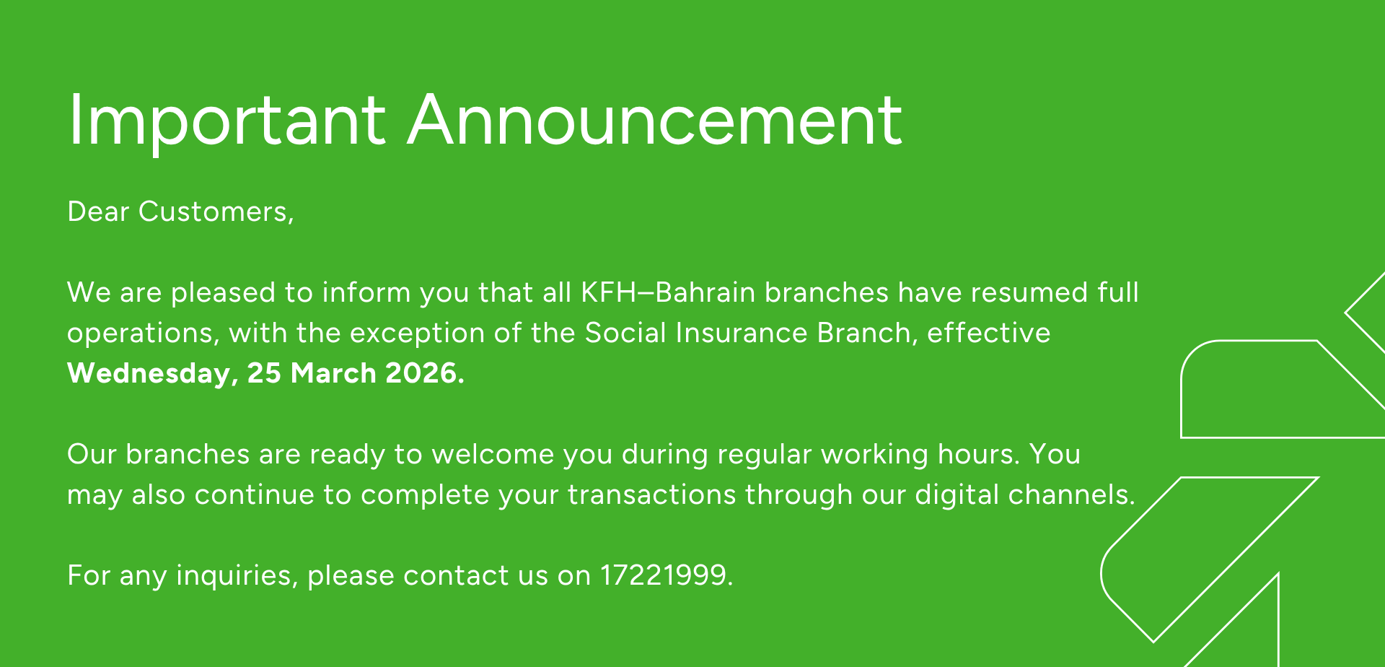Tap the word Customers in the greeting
(x=216, y=212)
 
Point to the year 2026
(x=425, y=373)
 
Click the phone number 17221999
(x=663, y=575)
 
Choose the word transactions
(x=651, y=494)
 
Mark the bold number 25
(x=264, y=373)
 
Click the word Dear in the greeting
(x=98, y=212)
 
